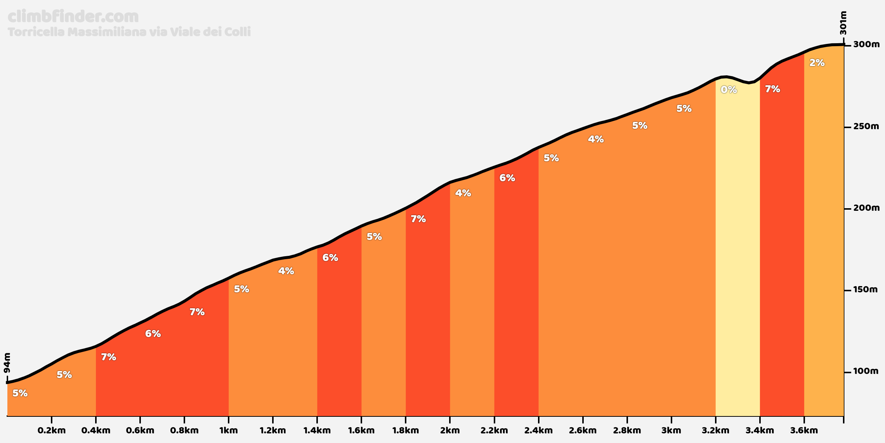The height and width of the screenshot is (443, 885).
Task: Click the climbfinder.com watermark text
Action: point(73,17)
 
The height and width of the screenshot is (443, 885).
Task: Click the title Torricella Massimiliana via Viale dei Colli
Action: point(129,32)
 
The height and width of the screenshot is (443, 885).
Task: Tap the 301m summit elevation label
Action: point(843,23)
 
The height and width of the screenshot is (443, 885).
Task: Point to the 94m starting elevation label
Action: point(7,363)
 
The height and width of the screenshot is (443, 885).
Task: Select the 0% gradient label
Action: point(729,90)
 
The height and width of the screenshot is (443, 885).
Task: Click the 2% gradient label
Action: point(817,63)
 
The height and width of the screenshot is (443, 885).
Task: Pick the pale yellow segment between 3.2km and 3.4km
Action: point(737,258)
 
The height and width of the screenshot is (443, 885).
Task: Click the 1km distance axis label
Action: point(229,430)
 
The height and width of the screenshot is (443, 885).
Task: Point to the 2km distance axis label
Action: point(450,430)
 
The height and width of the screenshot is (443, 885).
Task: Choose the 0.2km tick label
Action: point(52,430)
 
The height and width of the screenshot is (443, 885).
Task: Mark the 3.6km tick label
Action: point(804,430)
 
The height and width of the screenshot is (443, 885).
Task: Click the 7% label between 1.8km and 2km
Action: point(418,219)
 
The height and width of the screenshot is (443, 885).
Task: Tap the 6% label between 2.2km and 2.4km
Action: point(507,178)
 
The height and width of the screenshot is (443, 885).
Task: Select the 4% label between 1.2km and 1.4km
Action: point(286,271)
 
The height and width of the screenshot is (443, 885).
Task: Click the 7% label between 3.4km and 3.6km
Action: point(772,89)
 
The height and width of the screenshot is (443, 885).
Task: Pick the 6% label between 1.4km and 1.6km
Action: point(330,258)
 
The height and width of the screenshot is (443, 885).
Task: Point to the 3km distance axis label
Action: point(671,430)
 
